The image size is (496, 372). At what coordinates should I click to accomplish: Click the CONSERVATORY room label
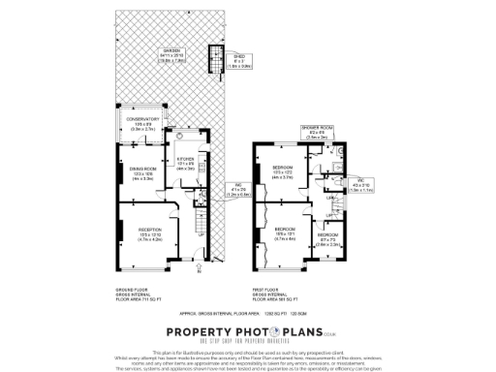pyautogui.click(x=141, y=124)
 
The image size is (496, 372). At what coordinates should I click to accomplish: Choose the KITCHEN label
pyautogui.click(x=185, y=164)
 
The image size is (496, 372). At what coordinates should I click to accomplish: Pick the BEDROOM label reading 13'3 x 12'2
pyautogui.click(x=283, y=171)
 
